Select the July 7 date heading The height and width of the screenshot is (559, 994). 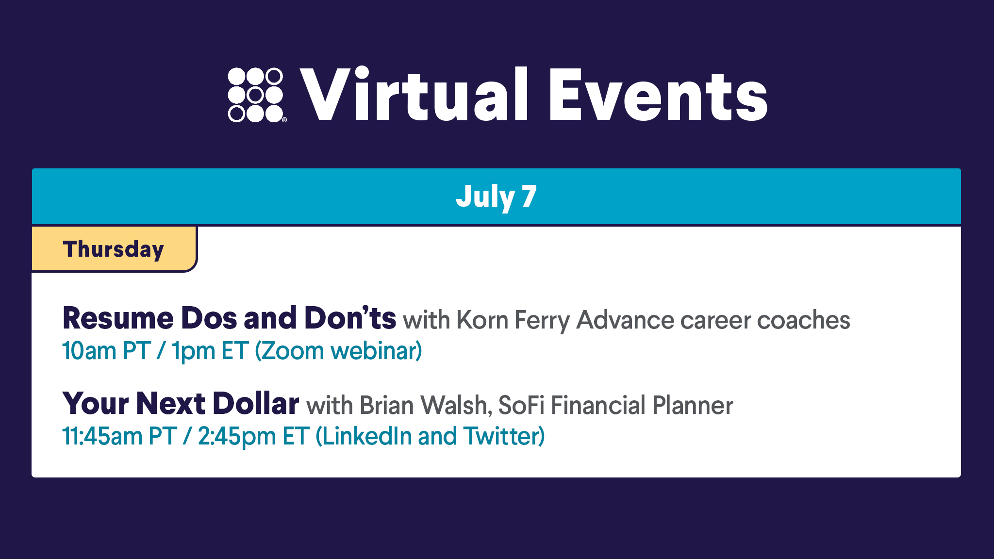pyautogui.click(x=496, y=197)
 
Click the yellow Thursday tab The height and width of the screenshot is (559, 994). pyautogui.click(x=114, y=249)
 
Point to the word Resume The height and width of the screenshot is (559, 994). pyautogui.click(x=118, y=318)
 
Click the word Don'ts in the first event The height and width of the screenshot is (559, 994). pyautogui.click(x=350, y=318)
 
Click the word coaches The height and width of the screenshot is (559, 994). pyautogui.click(x=803, y=320)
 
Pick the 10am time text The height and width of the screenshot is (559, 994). pyautogui.click(x=89, y=351)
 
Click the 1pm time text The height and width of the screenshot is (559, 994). pyautogui.click(x=193, y=352)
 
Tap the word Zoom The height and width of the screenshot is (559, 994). pyautogui.click(x=289, y=351)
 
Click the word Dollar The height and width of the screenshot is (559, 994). pyautogui.click(x=256, y=403)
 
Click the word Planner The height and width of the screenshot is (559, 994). pyautogui.click(x=693, y=405)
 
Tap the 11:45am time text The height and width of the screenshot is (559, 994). pyautogui.click(x=102, y=436)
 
